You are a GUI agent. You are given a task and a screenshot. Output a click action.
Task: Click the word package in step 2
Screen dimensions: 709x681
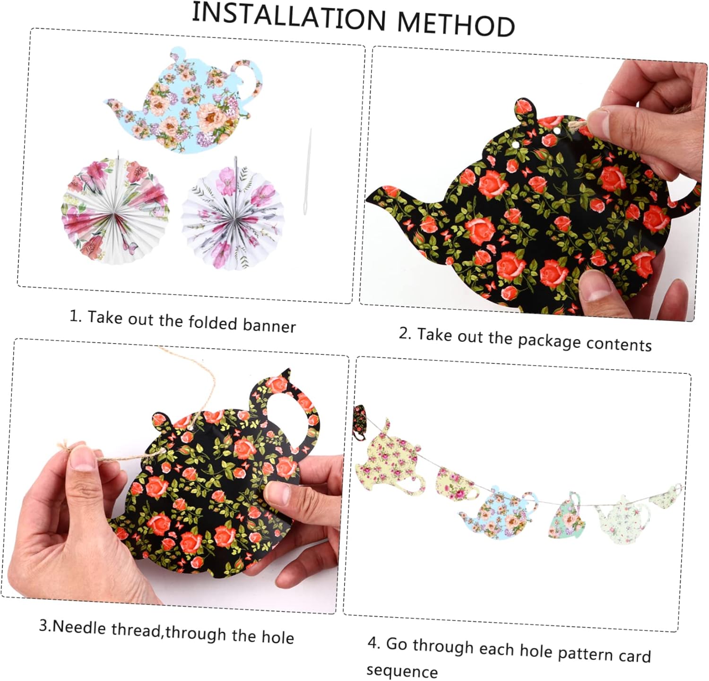point(549,340)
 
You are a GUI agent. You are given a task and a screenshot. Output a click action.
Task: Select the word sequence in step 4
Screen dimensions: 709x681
point(402,671)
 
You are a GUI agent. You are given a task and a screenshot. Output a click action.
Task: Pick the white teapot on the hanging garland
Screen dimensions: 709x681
point(622,519)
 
